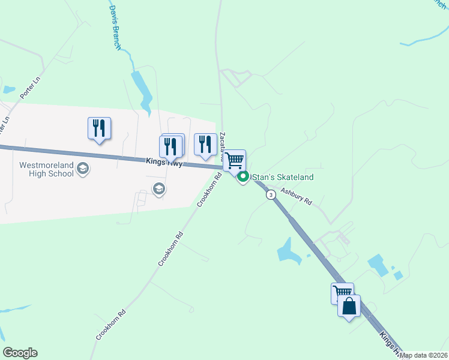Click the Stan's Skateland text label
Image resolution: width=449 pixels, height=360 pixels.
tap(283, 177)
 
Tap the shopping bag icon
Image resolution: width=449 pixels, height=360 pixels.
tap(349, 307)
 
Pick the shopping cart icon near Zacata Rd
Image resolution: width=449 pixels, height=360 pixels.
tap(235, 160)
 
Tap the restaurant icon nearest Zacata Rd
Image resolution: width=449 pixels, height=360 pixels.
tap(205, 144)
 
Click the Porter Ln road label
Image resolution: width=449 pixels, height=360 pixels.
tap(28, 88)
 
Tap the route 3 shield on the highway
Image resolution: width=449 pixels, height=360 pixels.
tap(271, 195)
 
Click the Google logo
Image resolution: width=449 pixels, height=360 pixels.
tap(20, 353)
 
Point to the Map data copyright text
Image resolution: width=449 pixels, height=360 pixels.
tap(423, 355)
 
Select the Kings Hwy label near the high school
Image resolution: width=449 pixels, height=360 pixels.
tap(164, 162)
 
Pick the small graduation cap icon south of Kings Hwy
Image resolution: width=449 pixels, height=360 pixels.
tap(158, 190)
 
